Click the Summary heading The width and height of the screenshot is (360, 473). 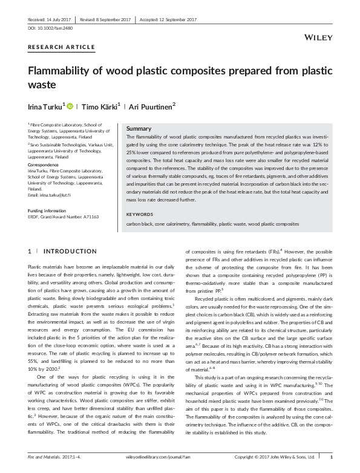[138, 129]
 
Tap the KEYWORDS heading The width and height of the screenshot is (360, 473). [140, 214]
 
